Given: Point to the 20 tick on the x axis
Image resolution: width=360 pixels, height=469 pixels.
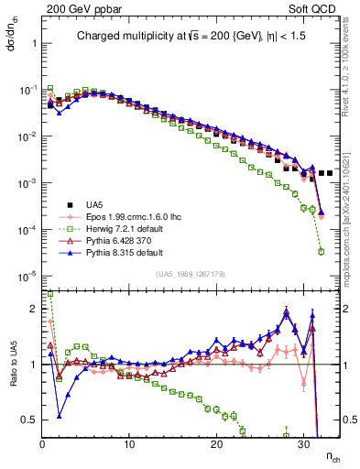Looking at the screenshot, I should tap(216, 446).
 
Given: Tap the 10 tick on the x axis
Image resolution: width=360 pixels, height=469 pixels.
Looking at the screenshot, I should tap(129, 446).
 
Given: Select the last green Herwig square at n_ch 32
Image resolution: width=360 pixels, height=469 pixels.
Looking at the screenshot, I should tap(321, 251).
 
